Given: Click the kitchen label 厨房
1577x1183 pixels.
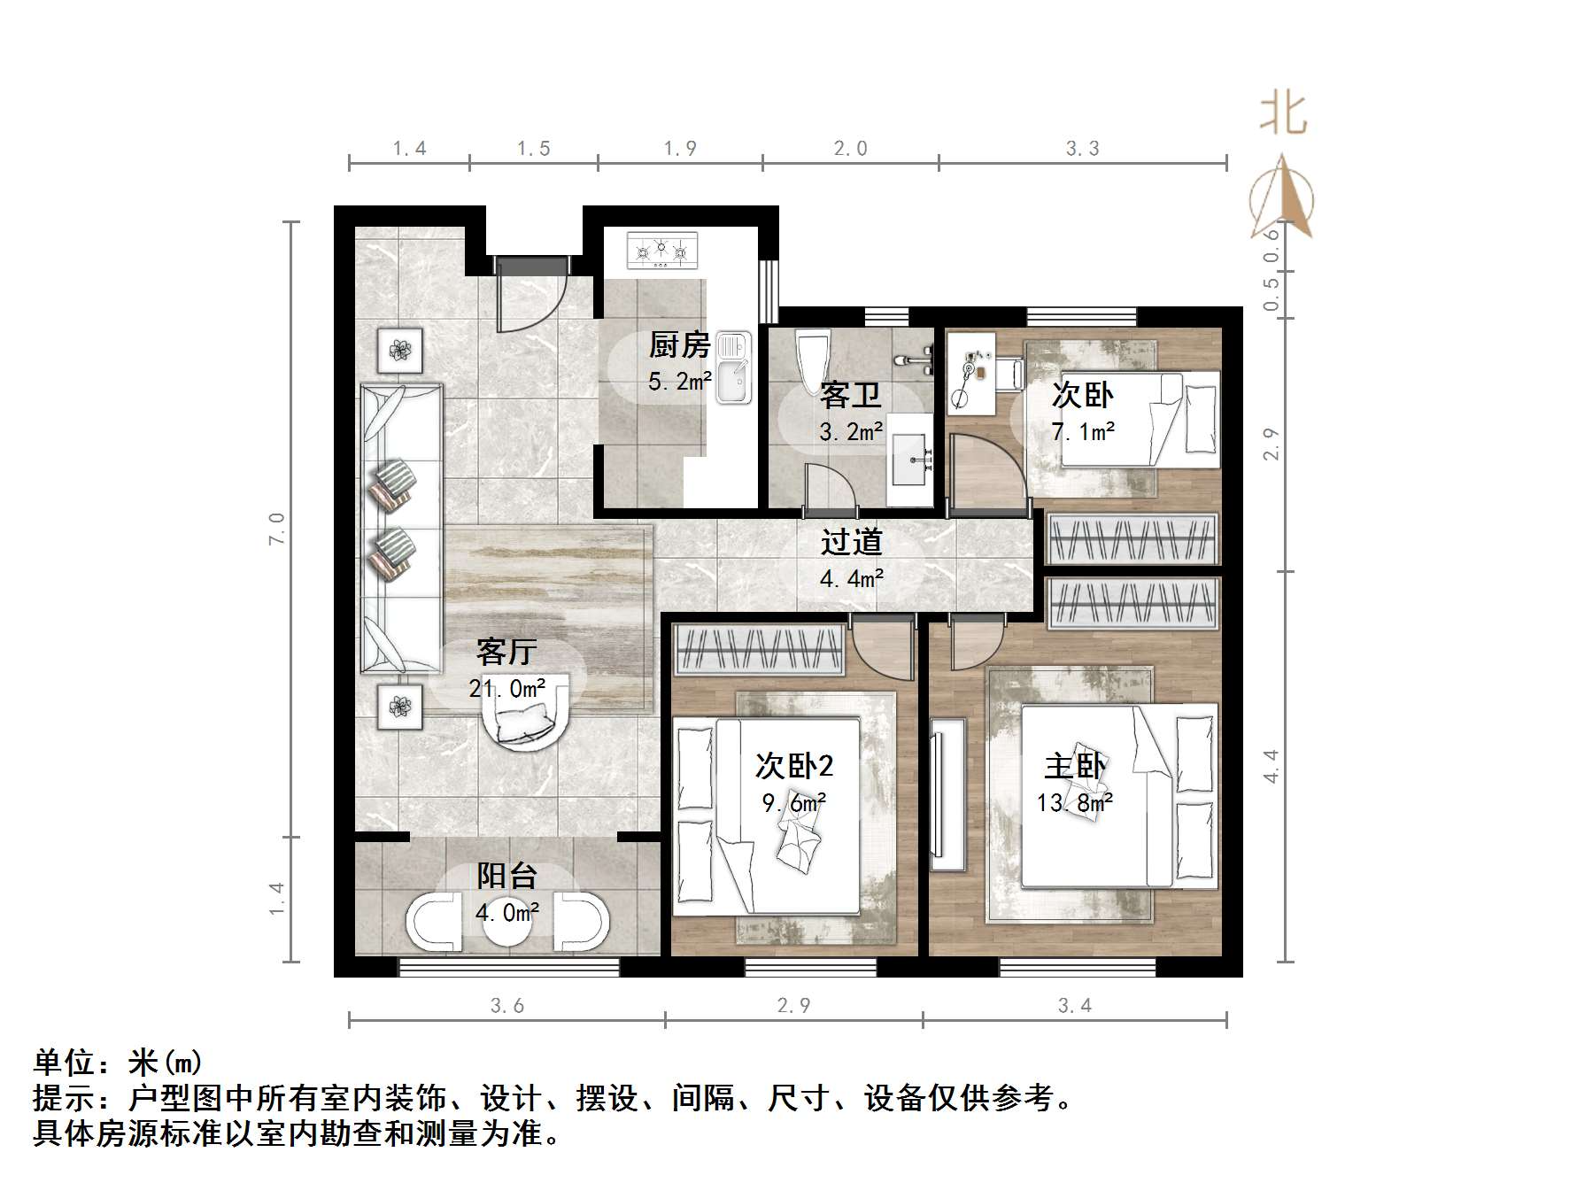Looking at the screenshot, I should click(679, 344).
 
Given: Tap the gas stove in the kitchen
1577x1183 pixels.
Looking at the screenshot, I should click(661, 251).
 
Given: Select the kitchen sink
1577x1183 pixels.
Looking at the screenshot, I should click(733, 368).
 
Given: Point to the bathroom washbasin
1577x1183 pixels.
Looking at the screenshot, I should click(911, 460).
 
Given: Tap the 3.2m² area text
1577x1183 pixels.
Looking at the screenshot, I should click(851, 432).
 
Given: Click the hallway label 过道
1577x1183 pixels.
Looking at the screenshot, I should click(851, 542).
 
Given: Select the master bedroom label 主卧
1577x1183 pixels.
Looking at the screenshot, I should click(1075, 766).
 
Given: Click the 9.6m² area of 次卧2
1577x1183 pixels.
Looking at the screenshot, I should click(793, 803).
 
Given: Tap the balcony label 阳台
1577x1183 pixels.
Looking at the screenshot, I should click(507, 876).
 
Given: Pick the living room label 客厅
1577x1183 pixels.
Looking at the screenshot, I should click(506, 652).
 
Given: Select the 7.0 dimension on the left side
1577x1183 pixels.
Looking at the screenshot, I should click(277, 529).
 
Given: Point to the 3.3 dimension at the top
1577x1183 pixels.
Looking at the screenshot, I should click(1082, 149).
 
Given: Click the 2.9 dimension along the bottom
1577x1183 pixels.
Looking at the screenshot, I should click(793, 1005).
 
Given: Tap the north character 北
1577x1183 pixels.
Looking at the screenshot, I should click(1283, 114).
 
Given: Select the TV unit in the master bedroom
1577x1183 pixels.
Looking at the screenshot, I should click(947, 794).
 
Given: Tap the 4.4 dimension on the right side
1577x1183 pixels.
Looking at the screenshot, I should click(1272, 766).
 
